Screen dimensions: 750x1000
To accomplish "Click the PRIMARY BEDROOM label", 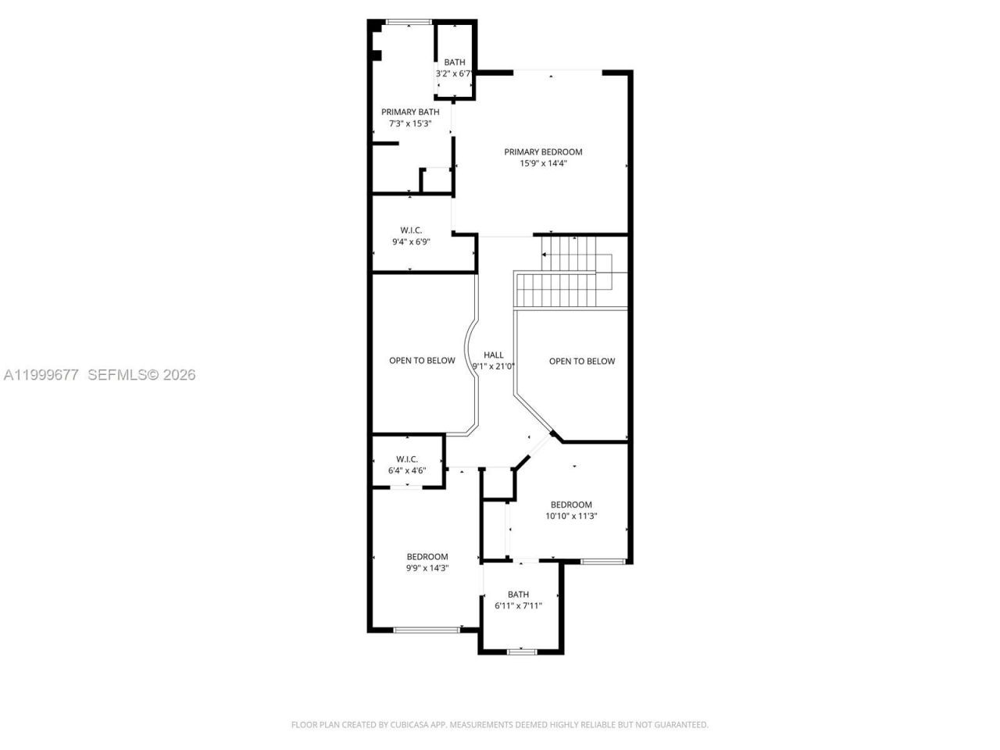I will click(543, 152).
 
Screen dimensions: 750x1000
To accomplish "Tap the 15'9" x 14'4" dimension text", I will click(543, 163).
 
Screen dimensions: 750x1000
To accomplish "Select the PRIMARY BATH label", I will click(410, 112).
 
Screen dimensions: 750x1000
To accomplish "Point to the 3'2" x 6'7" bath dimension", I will click(454, 73).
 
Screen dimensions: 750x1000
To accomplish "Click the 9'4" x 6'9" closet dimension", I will click(411, 242).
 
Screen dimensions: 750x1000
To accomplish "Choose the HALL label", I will click(494, 355).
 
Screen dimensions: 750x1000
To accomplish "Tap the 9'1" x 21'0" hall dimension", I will click(494, 366).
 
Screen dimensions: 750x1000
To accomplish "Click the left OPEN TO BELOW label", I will click(422, 360).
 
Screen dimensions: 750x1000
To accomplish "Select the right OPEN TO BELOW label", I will click(582, 361).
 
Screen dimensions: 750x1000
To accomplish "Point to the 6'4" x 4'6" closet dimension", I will click(407, 470).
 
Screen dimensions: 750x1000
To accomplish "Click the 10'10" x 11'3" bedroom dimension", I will click(571, 516).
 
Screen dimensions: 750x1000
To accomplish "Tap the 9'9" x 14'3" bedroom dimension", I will click(427, 568).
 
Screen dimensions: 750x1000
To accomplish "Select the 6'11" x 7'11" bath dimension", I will click(518, 605).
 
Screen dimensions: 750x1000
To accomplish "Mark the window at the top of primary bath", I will click(409, 22).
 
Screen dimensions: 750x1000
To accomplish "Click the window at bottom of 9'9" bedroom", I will click(426, 630).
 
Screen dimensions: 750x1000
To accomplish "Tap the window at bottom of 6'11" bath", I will click(520, 651).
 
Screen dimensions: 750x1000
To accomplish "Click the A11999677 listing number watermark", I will click(41, 375).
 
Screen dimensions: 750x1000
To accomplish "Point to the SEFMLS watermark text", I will click(117, 375).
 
